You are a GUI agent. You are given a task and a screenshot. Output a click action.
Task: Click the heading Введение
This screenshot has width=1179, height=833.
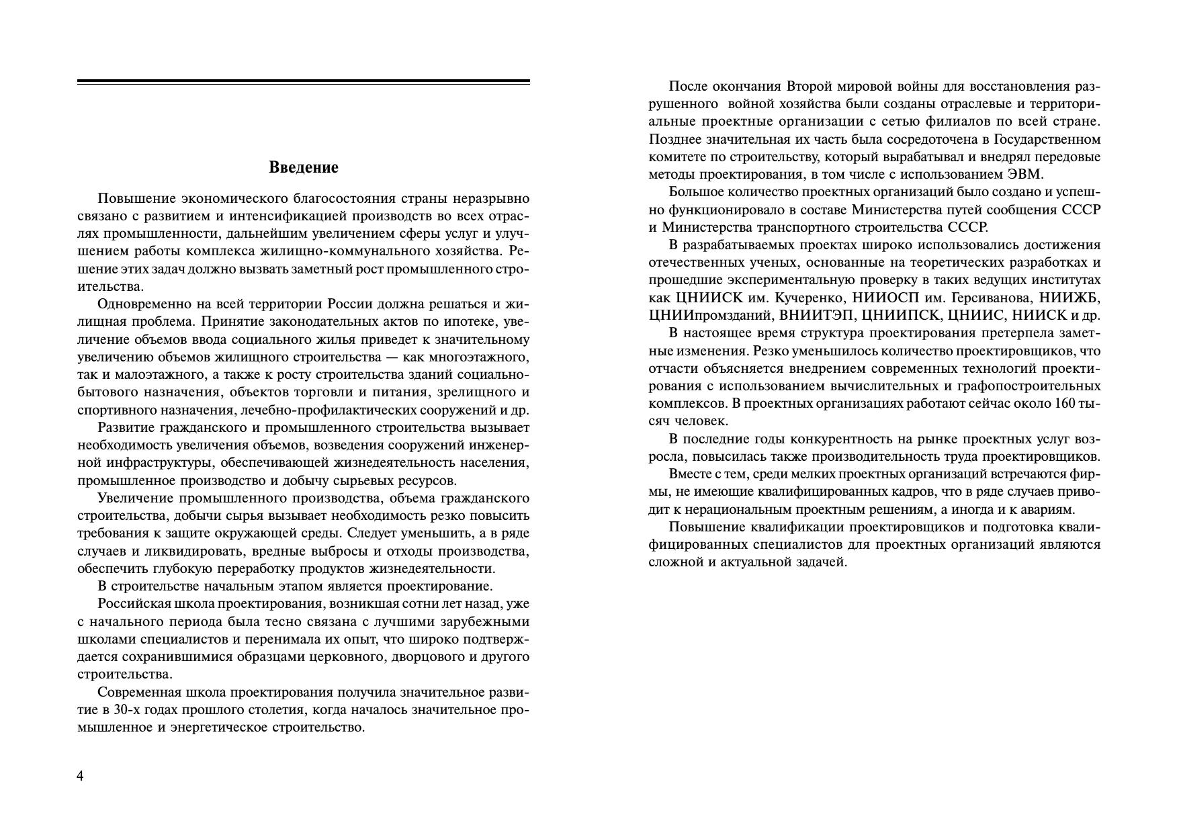pyautogui.click(x=303, y=167)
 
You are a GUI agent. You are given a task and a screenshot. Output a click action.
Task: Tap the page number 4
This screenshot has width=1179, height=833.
pyautogui.click(x=81, y=777)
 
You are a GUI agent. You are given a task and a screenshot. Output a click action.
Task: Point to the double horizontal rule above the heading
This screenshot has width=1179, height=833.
pyautogui.click(x=303, y=82)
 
